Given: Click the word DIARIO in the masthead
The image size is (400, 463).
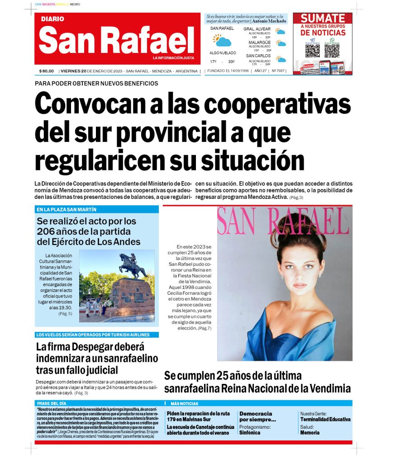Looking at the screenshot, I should pos(52,19).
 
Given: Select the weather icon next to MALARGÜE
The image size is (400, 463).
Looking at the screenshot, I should pos(281,44).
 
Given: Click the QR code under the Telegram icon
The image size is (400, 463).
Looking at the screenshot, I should pos(312,50).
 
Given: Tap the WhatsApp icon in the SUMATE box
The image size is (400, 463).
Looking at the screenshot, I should pos(332,40).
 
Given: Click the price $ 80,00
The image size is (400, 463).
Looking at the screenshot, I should pos(46,71).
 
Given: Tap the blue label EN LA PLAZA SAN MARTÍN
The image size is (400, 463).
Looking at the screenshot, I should pos(67,210).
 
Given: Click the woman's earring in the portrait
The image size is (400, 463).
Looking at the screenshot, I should pos(281,276).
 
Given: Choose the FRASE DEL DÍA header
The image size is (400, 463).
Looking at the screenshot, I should pos(52,403).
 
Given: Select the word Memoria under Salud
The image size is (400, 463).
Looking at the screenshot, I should pos(310,433).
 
